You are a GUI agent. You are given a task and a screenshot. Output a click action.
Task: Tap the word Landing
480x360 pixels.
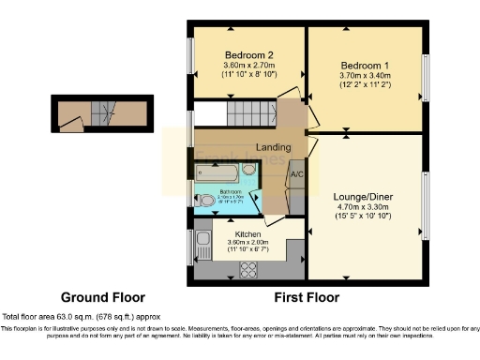click(x=273, y=147)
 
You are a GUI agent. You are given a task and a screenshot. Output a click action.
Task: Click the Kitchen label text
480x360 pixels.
click(x=247, y=233)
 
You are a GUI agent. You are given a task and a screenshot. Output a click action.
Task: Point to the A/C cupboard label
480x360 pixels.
click(x=297, y=174)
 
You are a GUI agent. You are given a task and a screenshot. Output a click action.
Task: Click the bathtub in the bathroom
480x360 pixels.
click(x=218, y=172)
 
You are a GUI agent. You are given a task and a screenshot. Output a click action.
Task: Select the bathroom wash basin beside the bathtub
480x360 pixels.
click(x=249, y=169)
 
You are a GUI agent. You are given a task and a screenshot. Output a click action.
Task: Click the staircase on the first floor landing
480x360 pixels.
click(x=249, y=116)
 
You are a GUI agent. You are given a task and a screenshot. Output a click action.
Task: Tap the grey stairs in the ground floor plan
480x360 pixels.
click(x=102, y=115)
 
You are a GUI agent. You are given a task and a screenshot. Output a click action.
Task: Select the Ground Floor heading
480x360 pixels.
click(x=97, y=297)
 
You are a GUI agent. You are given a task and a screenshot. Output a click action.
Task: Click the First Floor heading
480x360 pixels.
click(x=307, y=297)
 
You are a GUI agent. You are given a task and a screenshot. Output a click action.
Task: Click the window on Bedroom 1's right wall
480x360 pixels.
click(x=425, y=76)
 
